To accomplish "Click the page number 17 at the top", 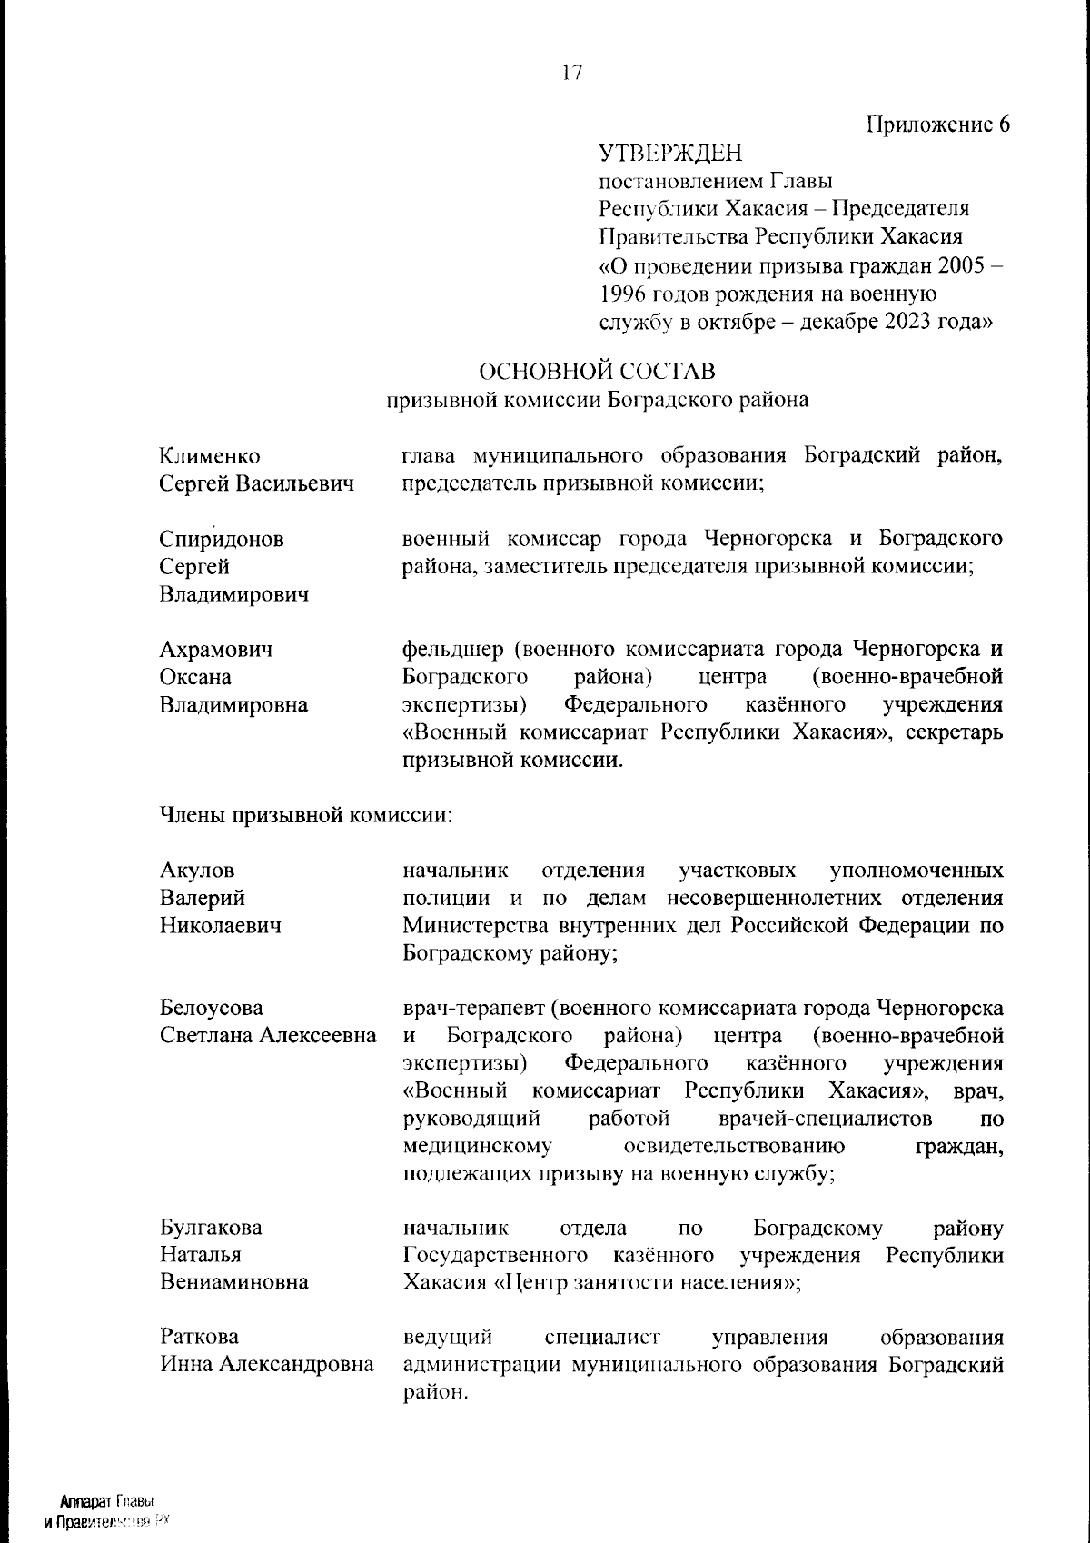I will tap(571, 73).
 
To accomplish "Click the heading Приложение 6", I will tap(937, 124).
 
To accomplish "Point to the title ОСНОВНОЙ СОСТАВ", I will tap(597, 372).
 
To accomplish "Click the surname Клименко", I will tap(210, 455).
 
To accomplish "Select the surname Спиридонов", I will tap(222, 539).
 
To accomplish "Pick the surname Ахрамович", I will tap(216, 650).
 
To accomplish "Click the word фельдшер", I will tap(451, 650).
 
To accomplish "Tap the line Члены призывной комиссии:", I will tap(306, 815).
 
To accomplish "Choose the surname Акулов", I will tap(197, 871).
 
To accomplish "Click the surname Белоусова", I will tap(212, 1008).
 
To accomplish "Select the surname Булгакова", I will tap(211, 1228).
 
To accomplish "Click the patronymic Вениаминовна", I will tap(234, 1282).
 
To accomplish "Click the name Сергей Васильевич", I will tap(257, 483).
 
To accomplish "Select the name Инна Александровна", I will tap(267, 1364).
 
